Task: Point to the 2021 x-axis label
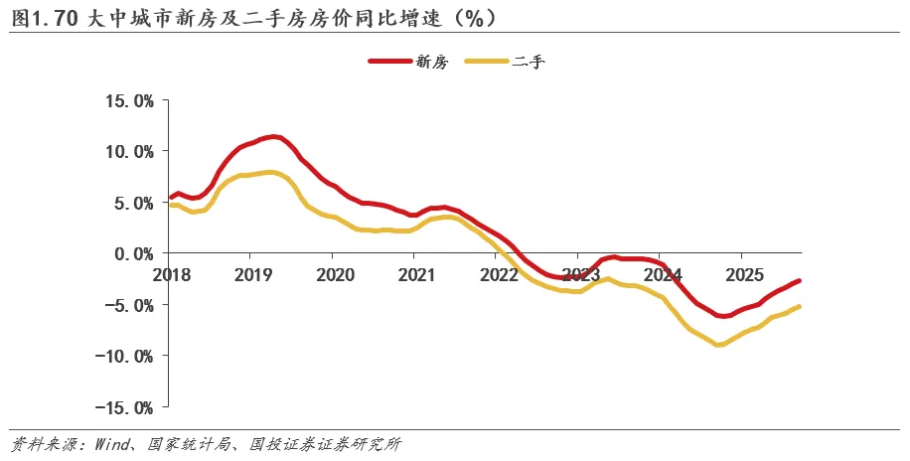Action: coord(415,273)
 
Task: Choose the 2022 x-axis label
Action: coord(498,273)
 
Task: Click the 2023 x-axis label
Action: coord(580,273)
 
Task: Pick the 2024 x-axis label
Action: coord(663,273)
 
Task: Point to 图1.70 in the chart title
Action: coord(39,17)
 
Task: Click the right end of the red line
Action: coord(800,281)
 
